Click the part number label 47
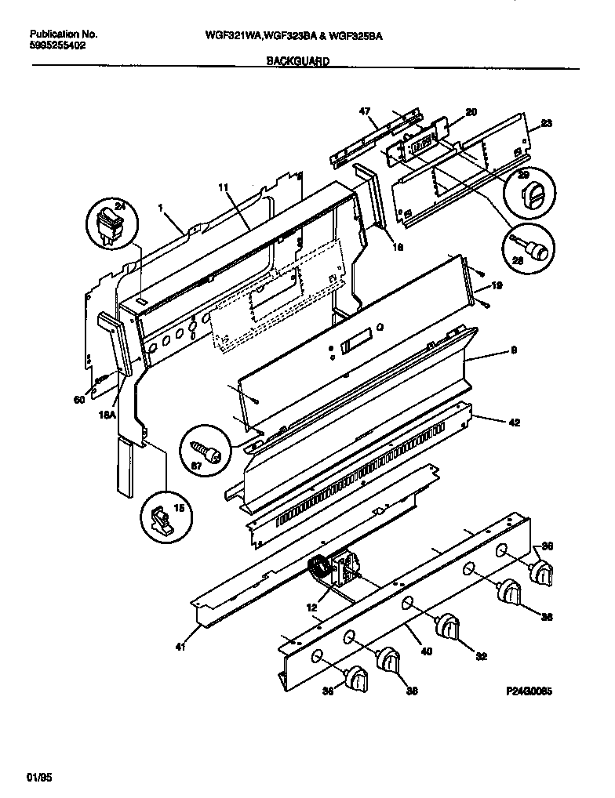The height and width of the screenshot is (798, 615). pos(364,112)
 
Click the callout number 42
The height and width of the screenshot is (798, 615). pos(514,423)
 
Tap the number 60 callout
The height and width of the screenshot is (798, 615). pos(78,401)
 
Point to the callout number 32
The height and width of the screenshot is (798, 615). pos(481,656)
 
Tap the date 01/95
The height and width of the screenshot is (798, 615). pos(38,777)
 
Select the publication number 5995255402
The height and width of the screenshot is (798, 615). pos(58,46)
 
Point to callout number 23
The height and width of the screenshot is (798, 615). pos(547,124)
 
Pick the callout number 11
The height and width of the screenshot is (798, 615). pos(223,188)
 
